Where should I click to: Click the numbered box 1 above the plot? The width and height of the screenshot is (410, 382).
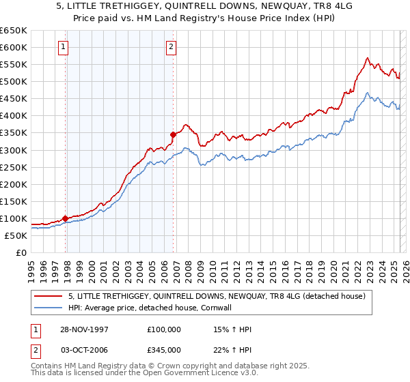coord(63,47)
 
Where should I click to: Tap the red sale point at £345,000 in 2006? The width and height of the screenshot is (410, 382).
coord(174,134)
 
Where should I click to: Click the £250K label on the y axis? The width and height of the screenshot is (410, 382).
coord(14,167)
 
